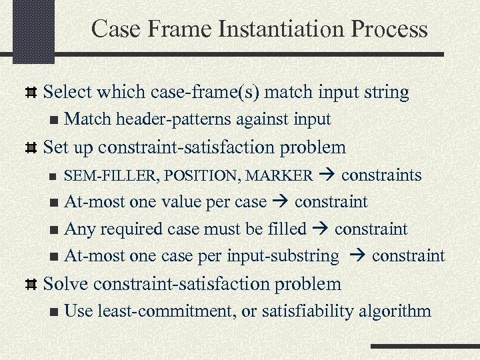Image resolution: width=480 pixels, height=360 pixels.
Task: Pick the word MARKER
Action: tap(279, 175)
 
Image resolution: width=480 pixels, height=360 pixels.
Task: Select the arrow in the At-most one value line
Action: tap(281, 202)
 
